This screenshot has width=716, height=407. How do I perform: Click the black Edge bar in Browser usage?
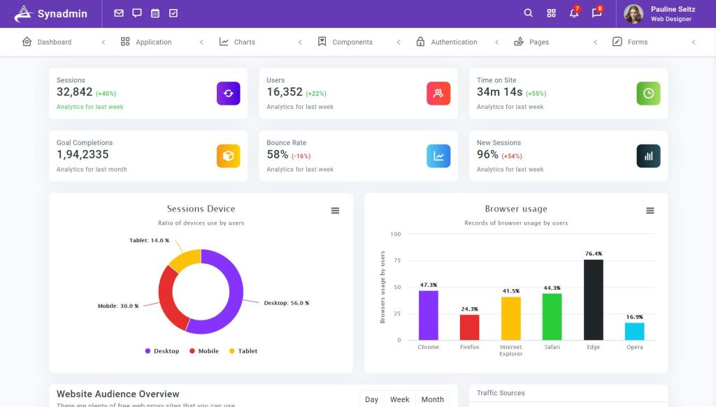click(x=593, y=300)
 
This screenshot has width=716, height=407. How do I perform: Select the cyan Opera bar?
click(x=634, y=331)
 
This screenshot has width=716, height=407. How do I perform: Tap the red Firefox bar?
click(x=469, y=327)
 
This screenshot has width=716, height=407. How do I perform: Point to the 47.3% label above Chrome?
click(x=428, y=285)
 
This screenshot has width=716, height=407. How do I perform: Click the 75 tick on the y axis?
click(x=396, y=260)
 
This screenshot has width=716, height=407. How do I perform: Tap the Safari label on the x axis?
click(x=552, y=347)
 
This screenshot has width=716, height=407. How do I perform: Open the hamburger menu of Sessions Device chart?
click(x=335, y=211)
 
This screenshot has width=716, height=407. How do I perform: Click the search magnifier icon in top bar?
click(x=529, y=13)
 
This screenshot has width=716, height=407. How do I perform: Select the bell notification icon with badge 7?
click(x=573, y=13)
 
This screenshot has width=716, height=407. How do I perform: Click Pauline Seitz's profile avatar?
click(x=633, y=14)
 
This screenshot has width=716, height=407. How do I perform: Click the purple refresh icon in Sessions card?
click(x=228, y=94)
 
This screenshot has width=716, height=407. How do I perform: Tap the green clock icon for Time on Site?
click(x=648, y=94)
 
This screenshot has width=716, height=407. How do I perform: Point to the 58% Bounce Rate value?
click(x=278, y=154)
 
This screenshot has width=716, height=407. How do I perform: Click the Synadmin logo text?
click(x=62, y=14)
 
